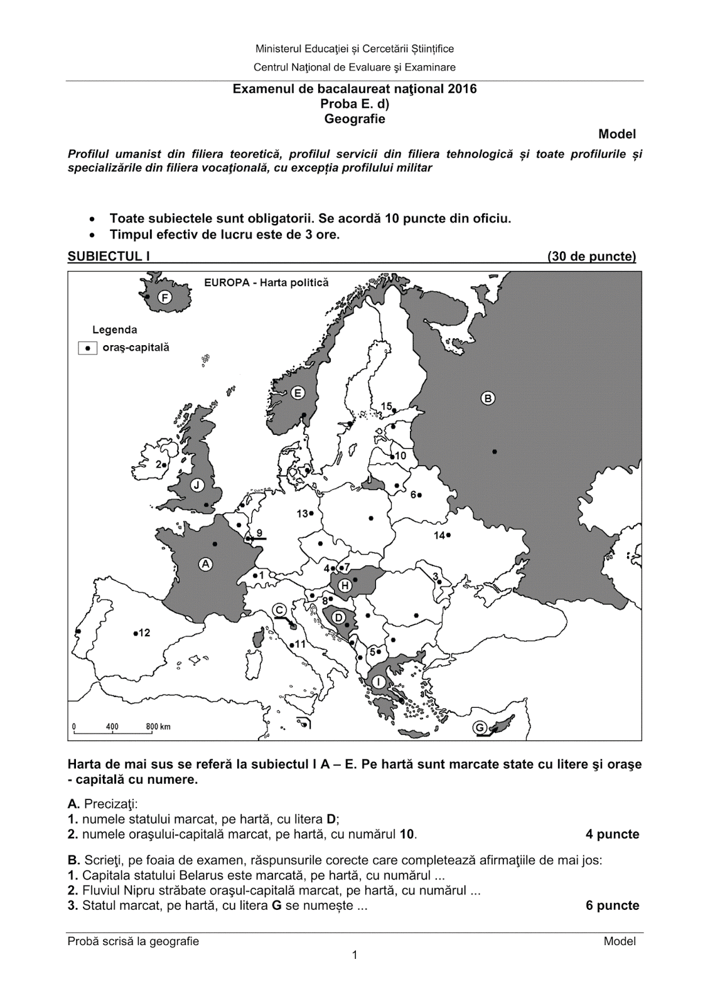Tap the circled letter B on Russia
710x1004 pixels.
point(488,398)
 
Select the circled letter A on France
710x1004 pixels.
point(205,564)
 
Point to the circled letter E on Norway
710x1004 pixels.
point(298,393)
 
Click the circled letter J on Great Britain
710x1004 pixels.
point(197,485)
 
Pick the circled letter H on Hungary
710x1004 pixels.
point(345,586)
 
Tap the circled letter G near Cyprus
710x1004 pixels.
point(480,728)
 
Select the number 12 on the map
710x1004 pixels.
point(144,633)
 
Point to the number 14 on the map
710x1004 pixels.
point(439,535)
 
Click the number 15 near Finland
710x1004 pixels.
point(386,406)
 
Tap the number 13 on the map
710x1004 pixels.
point(303,513)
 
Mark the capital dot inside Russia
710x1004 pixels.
point(495,451)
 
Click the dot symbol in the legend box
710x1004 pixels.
point(88,347)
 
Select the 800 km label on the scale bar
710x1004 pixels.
point(158,727)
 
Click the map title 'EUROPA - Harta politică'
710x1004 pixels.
point(266,282)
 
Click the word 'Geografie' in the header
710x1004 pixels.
point(355,119)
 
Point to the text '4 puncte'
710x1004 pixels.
point(612,834)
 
